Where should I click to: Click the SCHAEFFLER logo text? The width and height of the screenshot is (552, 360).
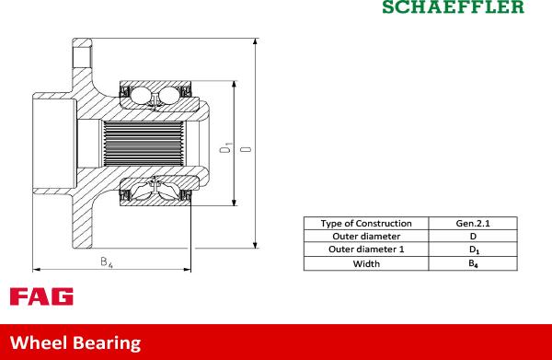pyautogui.click(x=453, y=6)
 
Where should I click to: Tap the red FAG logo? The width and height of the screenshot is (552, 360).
pyautogui.click(x=41, y=296)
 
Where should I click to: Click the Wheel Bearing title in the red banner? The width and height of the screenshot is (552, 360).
pyautogui.click(x=75, y=343)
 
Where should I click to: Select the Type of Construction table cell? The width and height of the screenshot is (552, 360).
pyautogui.click(x=366, y=224)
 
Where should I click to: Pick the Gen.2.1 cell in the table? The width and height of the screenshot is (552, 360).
pyautogui.click(x=473, y=224)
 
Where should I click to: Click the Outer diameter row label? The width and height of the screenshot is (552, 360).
pyautogui.click(x=366, y=236)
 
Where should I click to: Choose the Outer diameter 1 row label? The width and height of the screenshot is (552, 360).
pyautogui.click(x=366, y=250)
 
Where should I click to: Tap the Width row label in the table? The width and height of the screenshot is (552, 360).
pyautogui.click(x=366, y=264)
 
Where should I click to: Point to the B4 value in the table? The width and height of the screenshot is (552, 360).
pyautogui.click(x=473, y=264)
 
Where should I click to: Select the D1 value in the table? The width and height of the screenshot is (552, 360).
pyautogui.click(x=474, y=250)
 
